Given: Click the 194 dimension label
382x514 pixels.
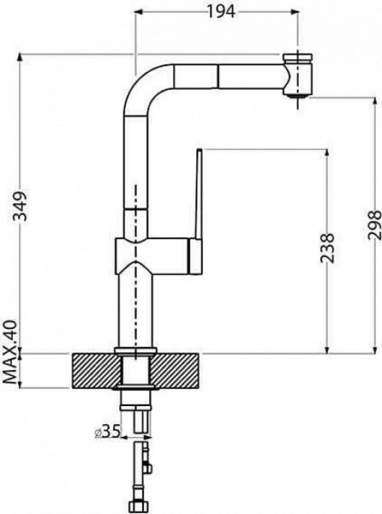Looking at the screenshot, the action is pyautogui.click(x=221, y=11).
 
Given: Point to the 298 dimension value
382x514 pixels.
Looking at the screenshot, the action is pyautogui.click(x=374, y=224).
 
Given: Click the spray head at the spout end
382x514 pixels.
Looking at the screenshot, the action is pyautogui.click(x=297, y=74).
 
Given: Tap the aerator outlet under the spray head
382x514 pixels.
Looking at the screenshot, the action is pyautogui.click(x=297, y=95).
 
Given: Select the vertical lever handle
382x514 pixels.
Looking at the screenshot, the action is pyautogui.click(x=198, y=211).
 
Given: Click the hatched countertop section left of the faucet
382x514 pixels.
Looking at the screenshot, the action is pyautogui.click(x=96, y=371).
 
